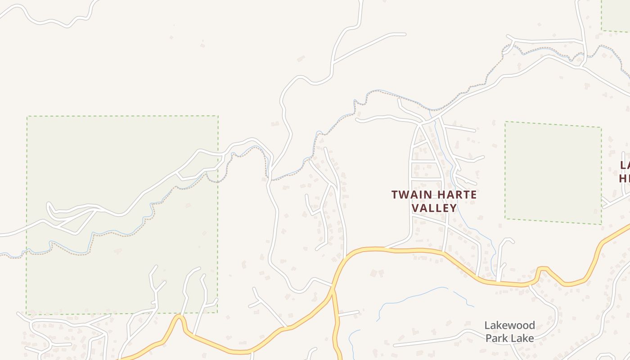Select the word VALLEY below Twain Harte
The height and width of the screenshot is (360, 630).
(434, 208)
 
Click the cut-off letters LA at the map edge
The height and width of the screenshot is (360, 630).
(625, 165)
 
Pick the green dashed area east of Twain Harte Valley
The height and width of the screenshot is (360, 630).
(553, 173)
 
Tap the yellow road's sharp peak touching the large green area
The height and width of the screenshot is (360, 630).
(180, 316)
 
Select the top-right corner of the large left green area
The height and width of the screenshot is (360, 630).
(218, 116)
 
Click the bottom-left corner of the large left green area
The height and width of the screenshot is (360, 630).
(27, 314)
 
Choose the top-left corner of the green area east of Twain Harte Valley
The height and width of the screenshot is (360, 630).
(505, 122)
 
